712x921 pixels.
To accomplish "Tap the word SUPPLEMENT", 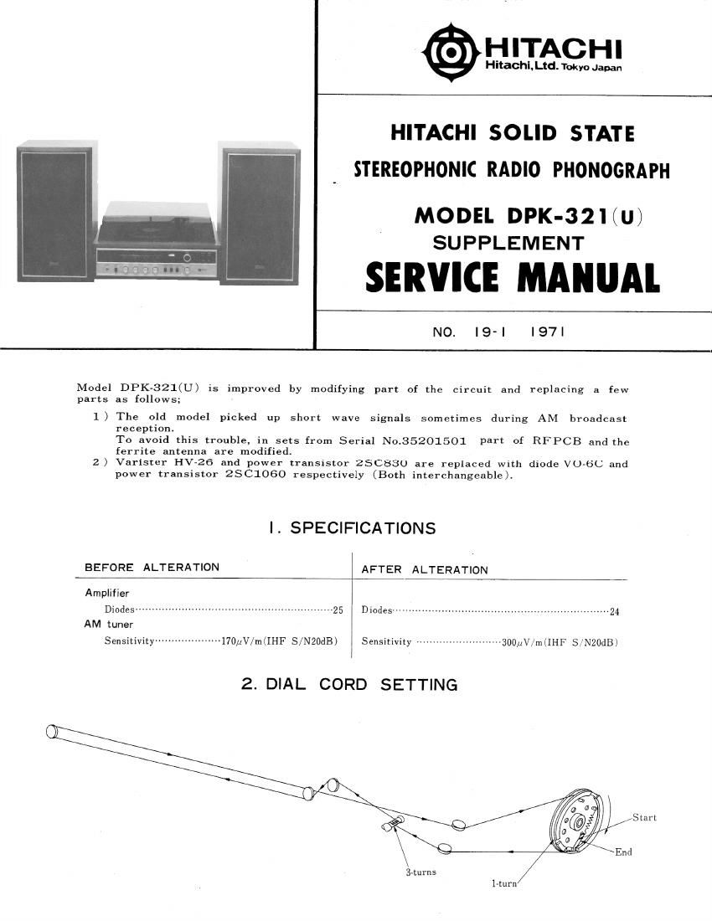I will tap(508, 243).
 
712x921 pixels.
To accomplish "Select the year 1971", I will tap(548, 332).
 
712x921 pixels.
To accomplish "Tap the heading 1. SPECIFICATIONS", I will tap(352, 528).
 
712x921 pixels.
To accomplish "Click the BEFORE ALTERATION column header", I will tap(152, 567).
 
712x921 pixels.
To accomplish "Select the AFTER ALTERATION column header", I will tap(424, 569).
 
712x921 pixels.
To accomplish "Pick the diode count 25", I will tap(338, 610).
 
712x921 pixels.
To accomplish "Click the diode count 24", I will tap(615, 611).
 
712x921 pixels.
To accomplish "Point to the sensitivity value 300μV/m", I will tap(523, 642).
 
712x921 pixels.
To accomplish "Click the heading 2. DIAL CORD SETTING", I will tap(349, 684).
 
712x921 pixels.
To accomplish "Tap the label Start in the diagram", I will tap(644, 817).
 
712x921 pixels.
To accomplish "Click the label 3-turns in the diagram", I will tap(420, 872).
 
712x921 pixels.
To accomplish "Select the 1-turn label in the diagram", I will tap(504, 884).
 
